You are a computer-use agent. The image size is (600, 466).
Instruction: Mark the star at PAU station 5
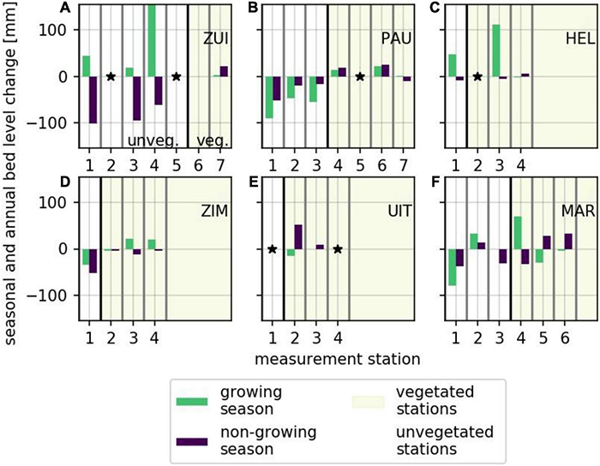[359, 76]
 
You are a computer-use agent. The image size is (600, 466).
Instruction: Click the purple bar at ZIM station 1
[93, 260]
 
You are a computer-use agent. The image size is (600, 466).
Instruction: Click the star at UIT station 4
[338, 249]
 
